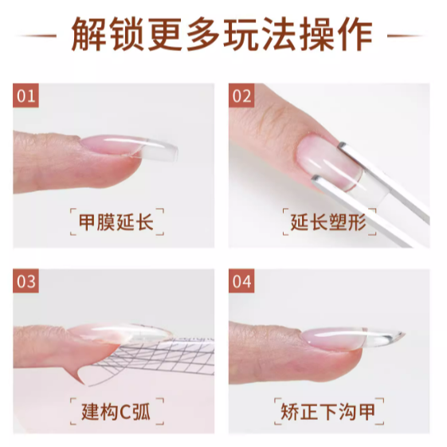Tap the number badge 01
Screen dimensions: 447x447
[x=26, y=97]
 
